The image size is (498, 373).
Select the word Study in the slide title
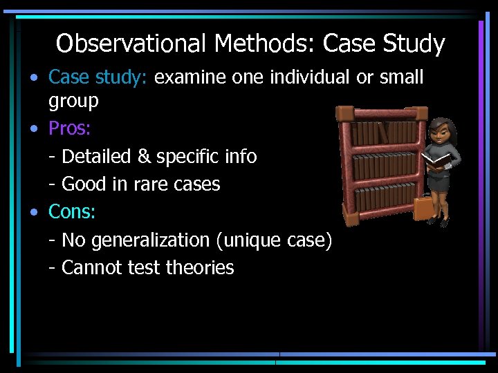pyautogui.click(x=413, y=44)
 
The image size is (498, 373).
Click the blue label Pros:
pyautogui.click(x=70, y=128)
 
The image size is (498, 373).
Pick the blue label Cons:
pyautogui.click(x=71, y=212)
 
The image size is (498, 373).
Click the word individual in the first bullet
pyautogui.click(x=311, y=77)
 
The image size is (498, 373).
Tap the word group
pyautogui.click(x=73, y=102)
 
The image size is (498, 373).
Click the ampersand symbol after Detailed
pyautogui.click(x=144, y=157)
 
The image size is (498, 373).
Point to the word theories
pyautogui.click(x=200, y=268)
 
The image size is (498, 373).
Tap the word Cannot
pyautogui.click(x=90, y=268)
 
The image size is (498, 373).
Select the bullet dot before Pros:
pyautogui.click(x=34, y=129)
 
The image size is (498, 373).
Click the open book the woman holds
pyautogui.click(x=436, y=160)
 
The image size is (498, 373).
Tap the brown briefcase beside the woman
pyautogui.click(x=423, y=206)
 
